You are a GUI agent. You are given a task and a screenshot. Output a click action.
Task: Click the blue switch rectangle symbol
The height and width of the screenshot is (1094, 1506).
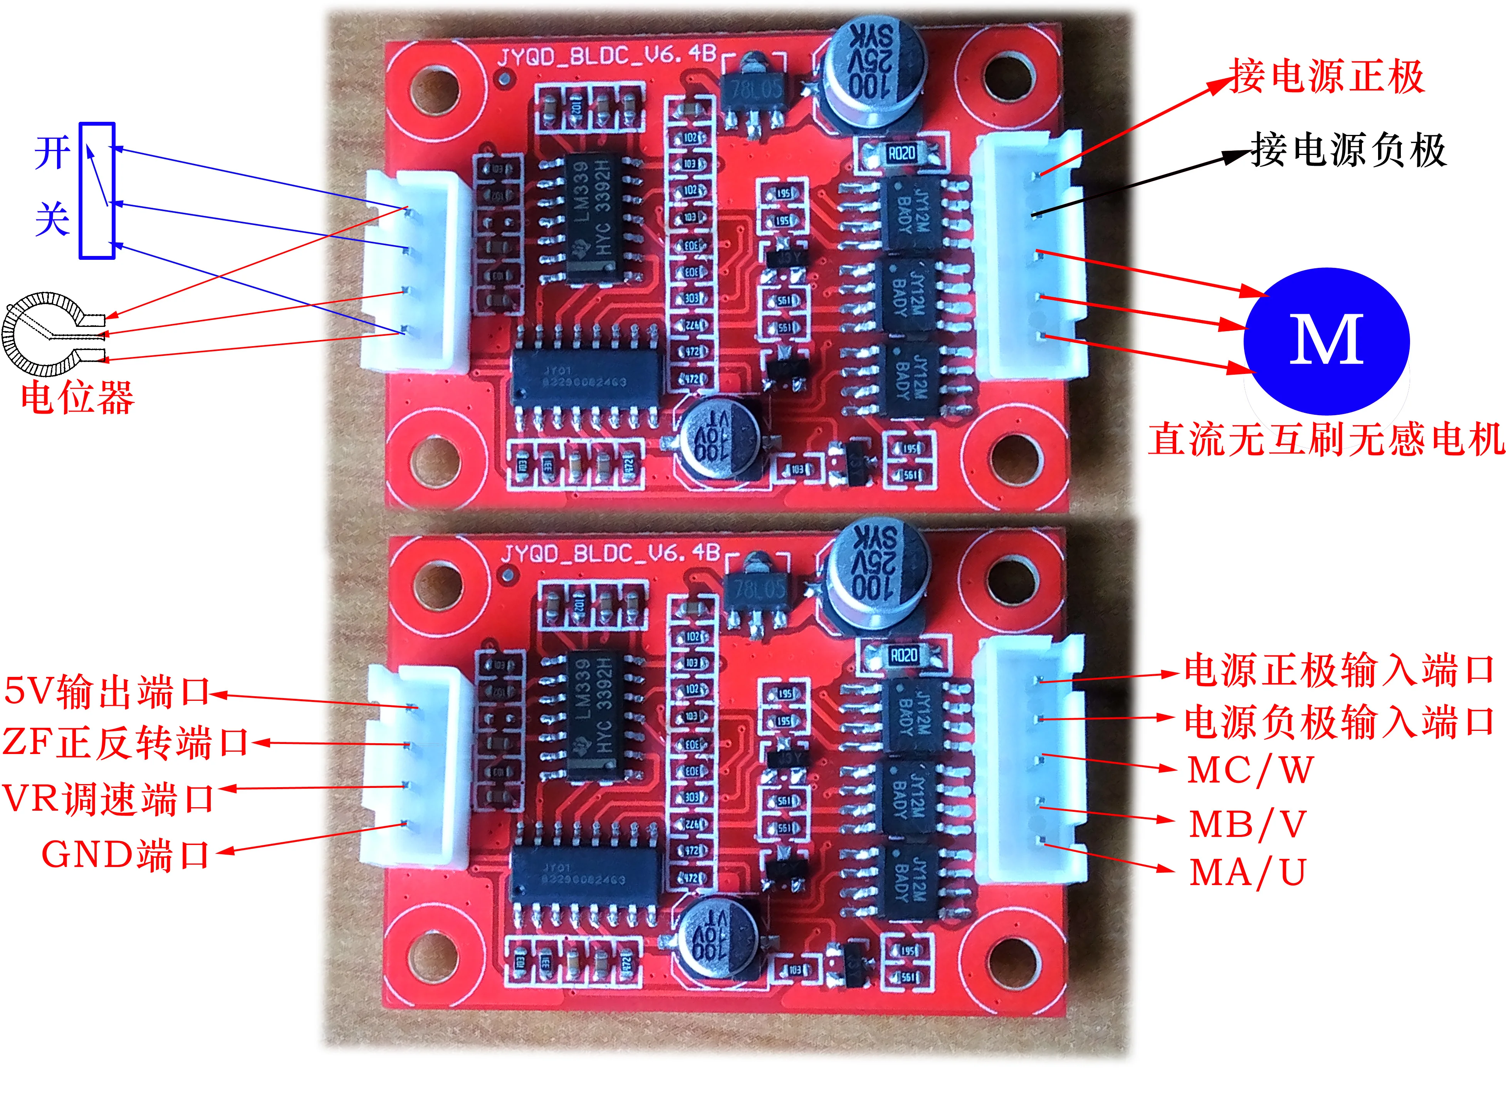pyautogui.click(x=97, y=191)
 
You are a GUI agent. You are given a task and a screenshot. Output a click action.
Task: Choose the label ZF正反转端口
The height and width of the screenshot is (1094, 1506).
pyautogui.click(x=125, y=742)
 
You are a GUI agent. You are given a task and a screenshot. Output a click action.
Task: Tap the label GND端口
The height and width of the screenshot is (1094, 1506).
pyautogui.click(x=126, y=855)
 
